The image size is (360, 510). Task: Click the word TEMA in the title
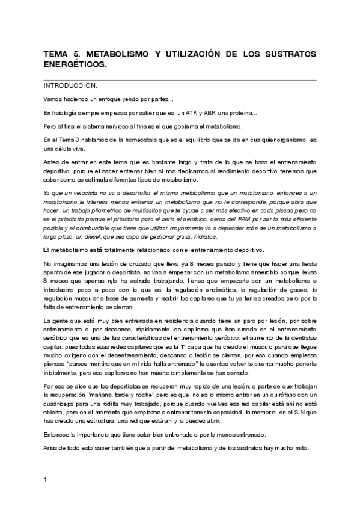tap(56, 54)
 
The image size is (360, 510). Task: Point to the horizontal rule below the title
tap(180, 79)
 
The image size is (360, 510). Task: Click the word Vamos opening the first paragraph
tap(53, 99)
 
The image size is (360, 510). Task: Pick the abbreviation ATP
tap(196, 112)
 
